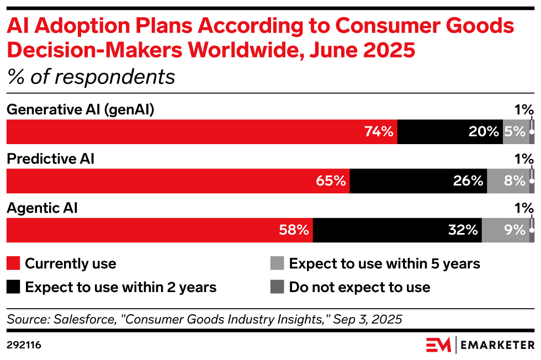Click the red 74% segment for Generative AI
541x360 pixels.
(201, 132)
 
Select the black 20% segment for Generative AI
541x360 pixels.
(450, 132)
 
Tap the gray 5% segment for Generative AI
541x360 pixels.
(516, 132)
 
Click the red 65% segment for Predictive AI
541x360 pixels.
(178, 181)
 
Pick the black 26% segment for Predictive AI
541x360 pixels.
(418, 181)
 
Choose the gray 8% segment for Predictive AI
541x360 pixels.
(508, 181)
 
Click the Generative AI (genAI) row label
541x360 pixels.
(80, 110)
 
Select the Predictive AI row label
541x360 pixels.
(50, 159)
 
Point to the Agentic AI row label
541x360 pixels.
(42, 208)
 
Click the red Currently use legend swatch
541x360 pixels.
(13, 263)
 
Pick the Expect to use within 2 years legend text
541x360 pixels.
(121, 287)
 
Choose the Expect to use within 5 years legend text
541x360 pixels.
(384, 263)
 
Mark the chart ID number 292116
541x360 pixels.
(24, 346)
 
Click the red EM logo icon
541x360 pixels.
(439, 345)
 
